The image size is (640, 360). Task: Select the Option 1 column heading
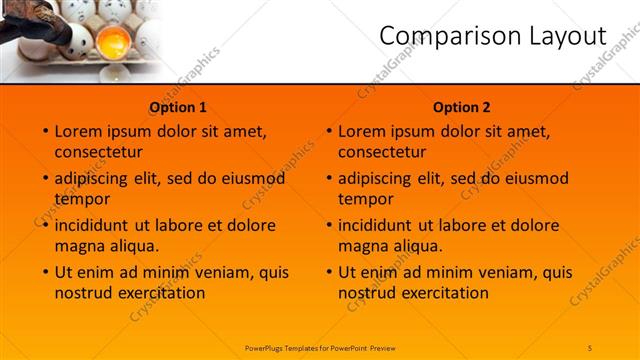click(178, 107)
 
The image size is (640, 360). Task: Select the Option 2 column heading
click(462, 107)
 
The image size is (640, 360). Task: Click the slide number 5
click(590, 347)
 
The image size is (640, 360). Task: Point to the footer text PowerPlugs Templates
click(286, 347)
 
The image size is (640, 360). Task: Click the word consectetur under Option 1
click(98, 151)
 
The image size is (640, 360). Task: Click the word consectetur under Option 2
click(382, 151)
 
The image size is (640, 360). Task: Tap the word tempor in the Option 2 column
click(366, 198)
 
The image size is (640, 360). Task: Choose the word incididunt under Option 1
click(96, 226)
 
